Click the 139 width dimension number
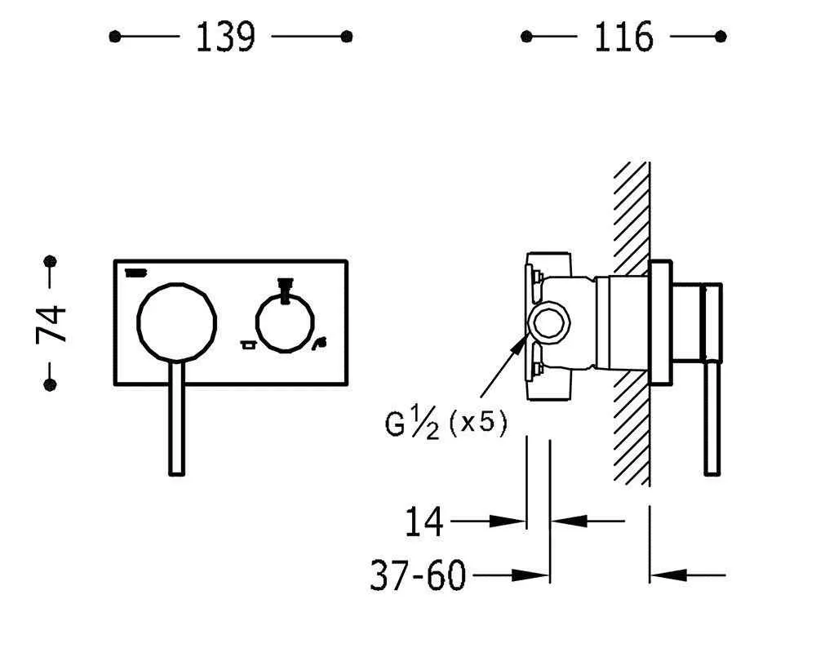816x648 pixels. click(225, 37)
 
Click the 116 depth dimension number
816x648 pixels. click(623, 37)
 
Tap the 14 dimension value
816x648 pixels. click(424, 521)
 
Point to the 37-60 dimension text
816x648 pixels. click(417, 575)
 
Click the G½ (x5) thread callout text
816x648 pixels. click(446, 423)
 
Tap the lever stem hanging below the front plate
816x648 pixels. click(177, 418)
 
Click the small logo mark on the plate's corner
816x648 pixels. click(135, 273)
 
